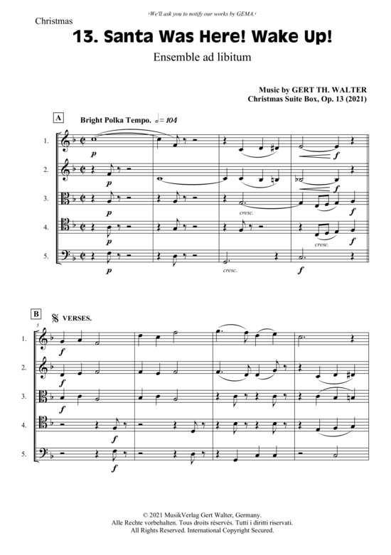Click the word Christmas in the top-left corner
[54, 21]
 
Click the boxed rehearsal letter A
[58, 118]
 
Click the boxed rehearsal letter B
[36, 314]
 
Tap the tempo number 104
[171, 120]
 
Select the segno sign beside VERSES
[55, 318]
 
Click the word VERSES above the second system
[77, 318]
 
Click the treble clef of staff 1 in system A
[65, 141]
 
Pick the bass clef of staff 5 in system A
[65, 256]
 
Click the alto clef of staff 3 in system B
[43, 397]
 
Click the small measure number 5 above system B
[37, 325]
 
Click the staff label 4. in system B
[24, 425]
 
